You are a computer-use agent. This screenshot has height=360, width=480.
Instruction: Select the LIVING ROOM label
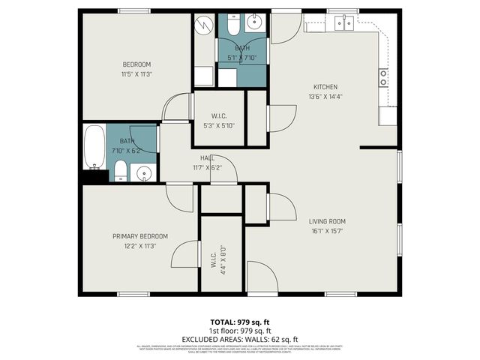(327, 221)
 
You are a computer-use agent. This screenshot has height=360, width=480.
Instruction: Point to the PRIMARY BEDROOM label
(140, 236)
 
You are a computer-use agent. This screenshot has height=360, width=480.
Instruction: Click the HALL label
(208, 157)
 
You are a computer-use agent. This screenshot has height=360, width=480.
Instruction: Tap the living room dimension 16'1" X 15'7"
(327, 231)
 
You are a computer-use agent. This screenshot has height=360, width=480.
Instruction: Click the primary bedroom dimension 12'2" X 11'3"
(140, 246)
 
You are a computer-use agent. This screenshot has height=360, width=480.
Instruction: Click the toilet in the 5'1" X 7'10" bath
(232, 27)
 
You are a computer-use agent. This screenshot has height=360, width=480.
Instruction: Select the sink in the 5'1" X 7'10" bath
(254, 23)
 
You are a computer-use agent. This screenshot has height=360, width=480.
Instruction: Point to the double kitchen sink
(345, 23)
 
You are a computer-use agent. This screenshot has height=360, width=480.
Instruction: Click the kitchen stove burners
(383, 78)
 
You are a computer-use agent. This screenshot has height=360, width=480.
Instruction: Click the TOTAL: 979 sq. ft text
(239, 322)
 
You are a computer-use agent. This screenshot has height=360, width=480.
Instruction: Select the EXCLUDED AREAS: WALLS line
(239, 338)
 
